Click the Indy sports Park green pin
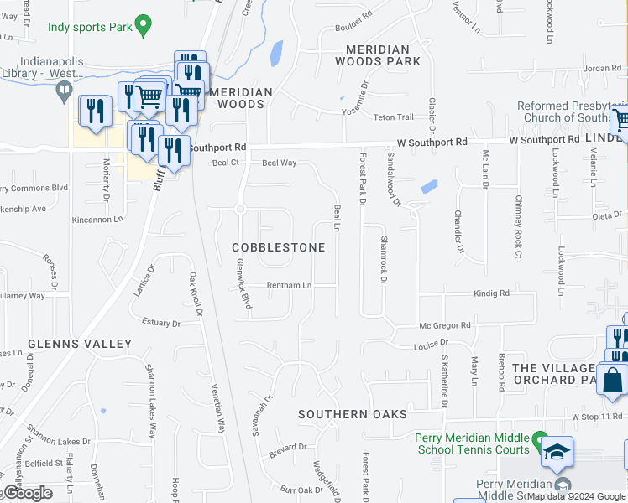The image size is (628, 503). [144, 26]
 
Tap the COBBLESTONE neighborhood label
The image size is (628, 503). [278, 248]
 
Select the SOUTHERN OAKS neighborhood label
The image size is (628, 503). [353, 414]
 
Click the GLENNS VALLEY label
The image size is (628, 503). [80, 344]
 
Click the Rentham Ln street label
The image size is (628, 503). [290, 286]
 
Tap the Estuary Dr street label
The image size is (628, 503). [161, 323]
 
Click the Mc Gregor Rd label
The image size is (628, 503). [445, 325]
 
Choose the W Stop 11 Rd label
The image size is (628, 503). [598, 417]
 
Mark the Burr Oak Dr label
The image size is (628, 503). [301, 490]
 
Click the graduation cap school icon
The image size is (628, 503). [557, 453]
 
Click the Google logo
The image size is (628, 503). [28, 493]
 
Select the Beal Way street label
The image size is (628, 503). [280, 163]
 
